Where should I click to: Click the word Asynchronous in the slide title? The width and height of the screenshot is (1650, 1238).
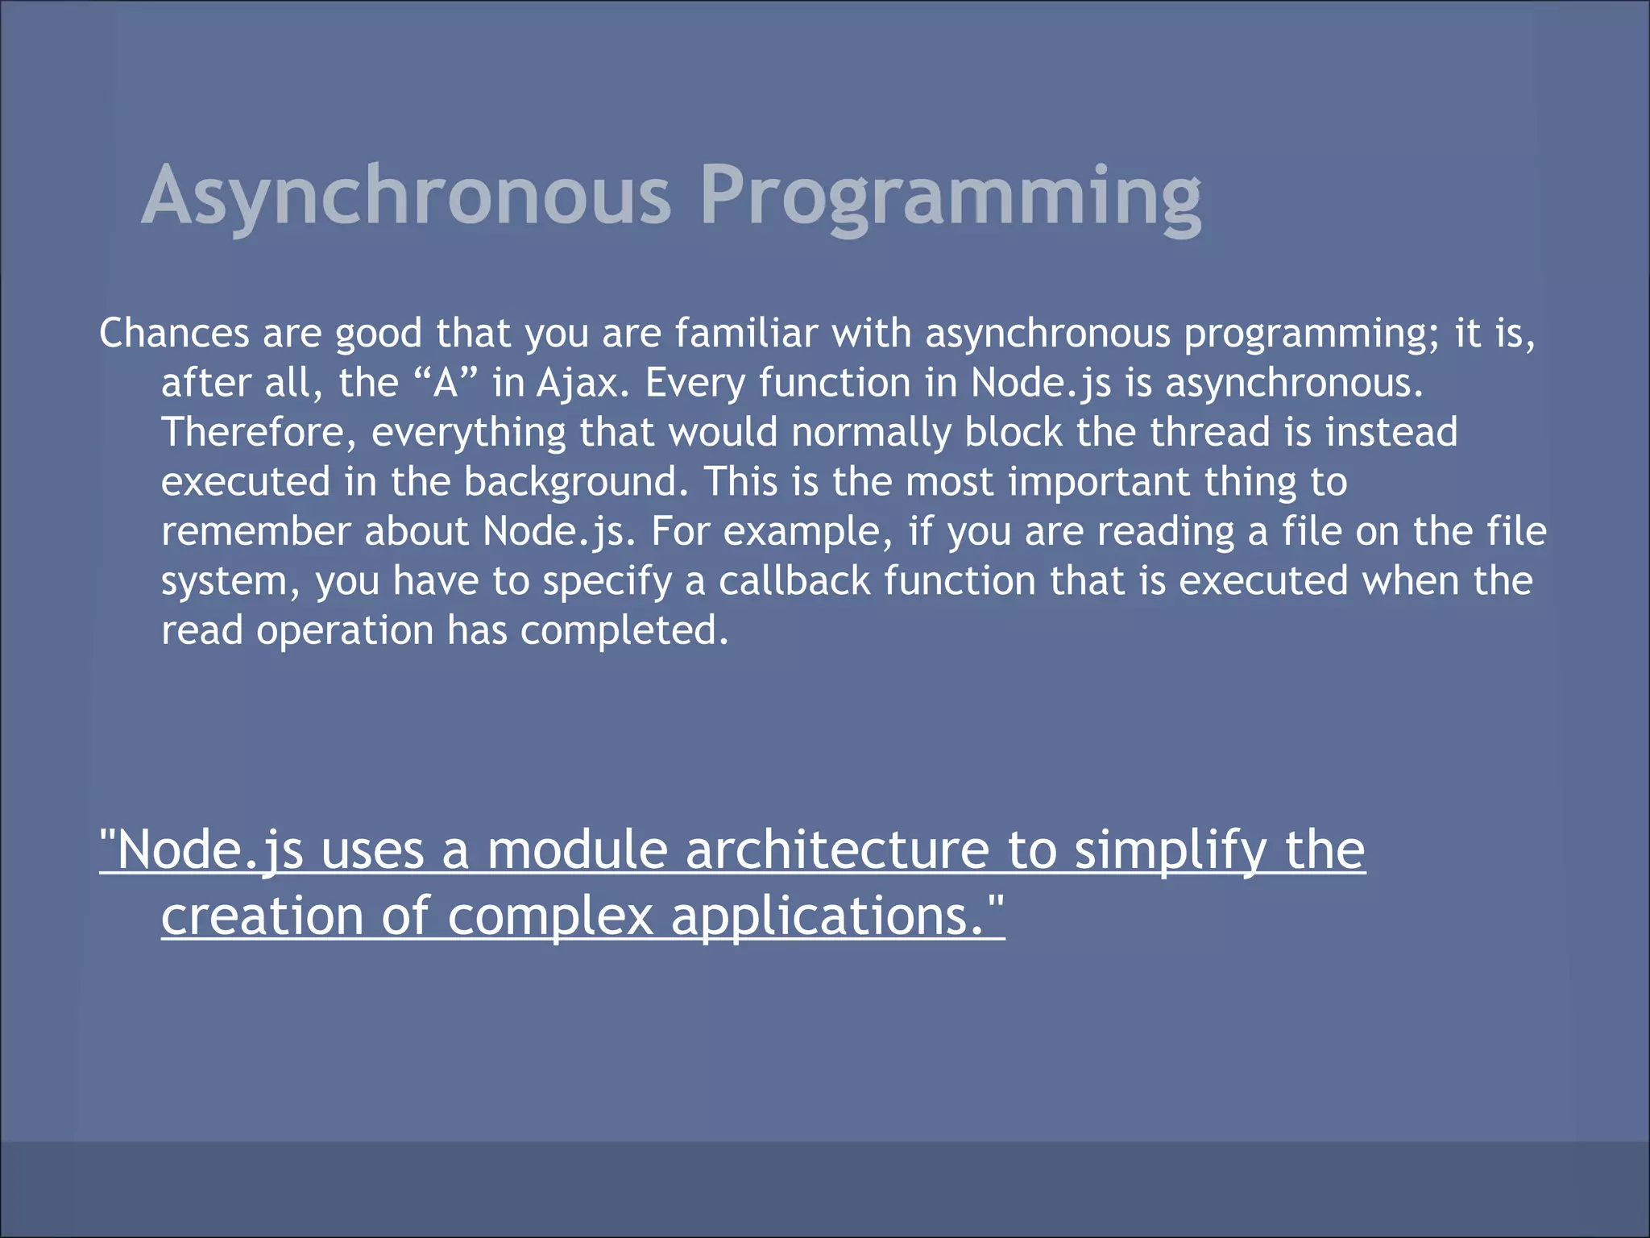pos(406,196)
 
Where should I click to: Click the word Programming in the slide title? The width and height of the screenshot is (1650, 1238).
pos(951,196)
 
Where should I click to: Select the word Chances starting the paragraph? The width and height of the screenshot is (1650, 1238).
pos(174,333)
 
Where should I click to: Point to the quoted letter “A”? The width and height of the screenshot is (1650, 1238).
pos(446,383)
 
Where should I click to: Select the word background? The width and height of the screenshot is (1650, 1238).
pos(576,482)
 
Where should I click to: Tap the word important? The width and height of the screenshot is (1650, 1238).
pos(1099,482)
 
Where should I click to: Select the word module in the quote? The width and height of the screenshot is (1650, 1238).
pos(577,851)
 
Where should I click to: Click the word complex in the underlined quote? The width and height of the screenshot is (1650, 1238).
pos(550,917)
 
